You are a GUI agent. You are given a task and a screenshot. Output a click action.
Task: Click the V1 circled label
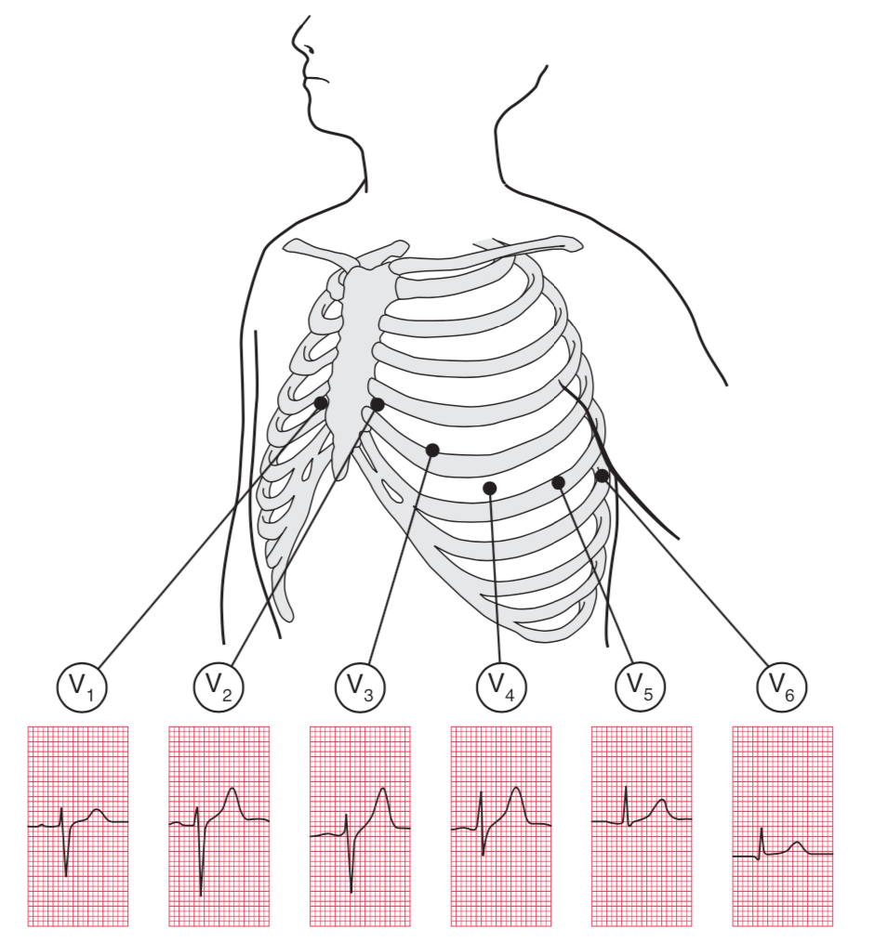pos(82,687)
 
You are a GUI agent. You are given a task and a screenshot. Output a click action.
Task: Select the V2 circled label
pos(218,687)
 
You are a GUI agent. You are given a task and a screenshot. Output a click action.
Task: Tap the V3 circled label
pos(360,687)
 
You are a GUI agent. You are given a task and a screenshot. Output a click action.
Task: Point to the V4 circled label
pos(501,687)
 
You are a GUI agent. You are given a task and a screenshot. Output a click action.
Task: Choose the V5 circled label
pos(641,687)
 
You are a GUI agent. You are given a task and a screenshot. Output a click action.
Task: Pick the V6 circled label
pos(782,687)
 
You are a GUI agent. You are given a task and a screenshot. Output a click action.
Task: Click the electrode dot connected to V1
pos(321,403)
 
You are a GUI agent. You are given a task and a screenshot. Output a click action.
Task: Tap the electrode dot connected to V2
pos(377,404)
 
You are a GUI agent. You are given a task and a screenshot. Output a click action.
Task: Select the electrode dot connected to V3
pos(432,450)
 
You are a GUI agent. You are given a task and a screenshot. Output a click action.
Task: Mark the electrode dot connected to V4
pos(490,488)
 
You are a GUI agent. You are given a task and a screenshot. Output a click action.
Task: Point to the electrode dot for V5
pos(558,482)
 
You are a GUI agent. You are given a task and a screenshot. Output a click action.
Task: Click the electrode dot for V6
pos(602,476)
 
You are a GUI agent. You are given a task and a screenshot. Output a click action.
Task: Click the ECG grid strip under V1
pos(78,826)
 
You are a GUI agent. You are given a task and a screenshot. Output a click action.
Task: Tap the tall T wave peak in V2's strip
pos(232,790)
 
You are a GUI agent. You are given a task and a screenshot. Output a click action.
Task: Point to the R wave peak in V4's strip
pos(481,792)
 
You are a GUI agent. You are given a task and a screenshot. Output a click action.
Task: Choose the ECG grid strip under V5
pos(642,826)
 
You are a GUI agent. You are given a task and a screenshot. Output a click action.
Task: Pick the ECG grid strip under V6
pos(782,826)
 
